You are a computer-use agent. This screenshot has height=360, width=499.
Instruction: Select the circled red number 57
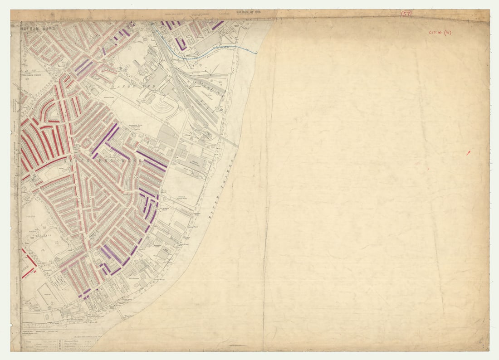pos(406,14)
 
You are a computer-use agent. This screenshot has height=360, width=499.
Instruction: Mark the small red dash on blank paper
pos(468,153)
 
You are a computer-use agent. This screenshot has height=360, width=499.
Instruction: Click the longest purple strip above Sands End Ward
pos(105,138)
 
